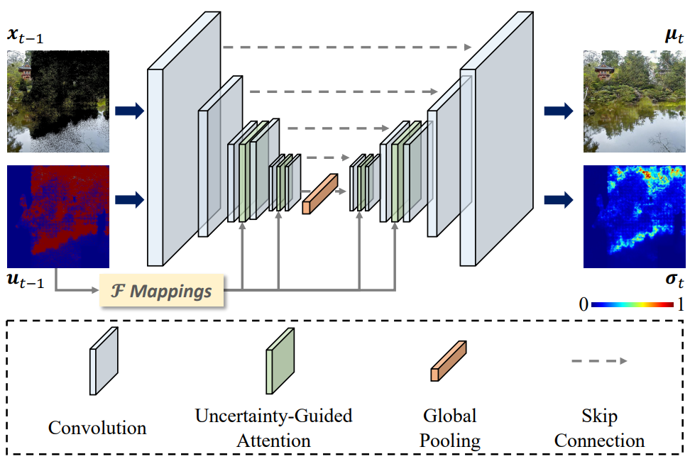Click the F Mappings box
tap(162, 290)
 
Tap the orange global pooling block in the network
tap(320, 194)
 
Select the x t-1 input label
tap(25, 35)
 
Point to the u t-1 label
tap(26, 280)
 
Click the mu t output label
tap(674, 35)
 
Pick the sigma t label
tap(674, 280)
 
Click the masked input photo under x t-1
tap(58, 101)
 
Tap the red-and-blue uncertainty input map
tap(58, 217)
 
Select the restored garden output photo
tap(634, 101)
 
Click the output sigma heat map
tap(634, 217)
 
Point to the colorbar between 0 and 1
tap(632, 304)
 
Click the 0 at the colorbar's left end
tap(584, 304)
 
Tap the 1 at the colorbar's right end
tap(680, 304)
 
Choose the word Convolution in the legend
tap(97, 428)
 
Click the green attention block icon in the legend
tap(280, 361)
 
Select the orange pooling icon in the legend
tap(449, 360)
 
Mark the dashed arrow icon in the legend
tap(599, 361)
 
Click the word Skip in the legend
tap(599, 416)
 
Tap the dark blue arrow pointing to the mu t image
tap(559, 111)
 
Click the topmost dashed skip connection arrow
tap(347, 47)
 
